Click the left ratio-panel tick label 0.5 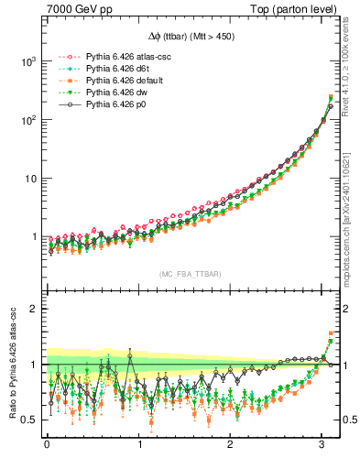[x=27, y=420]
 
